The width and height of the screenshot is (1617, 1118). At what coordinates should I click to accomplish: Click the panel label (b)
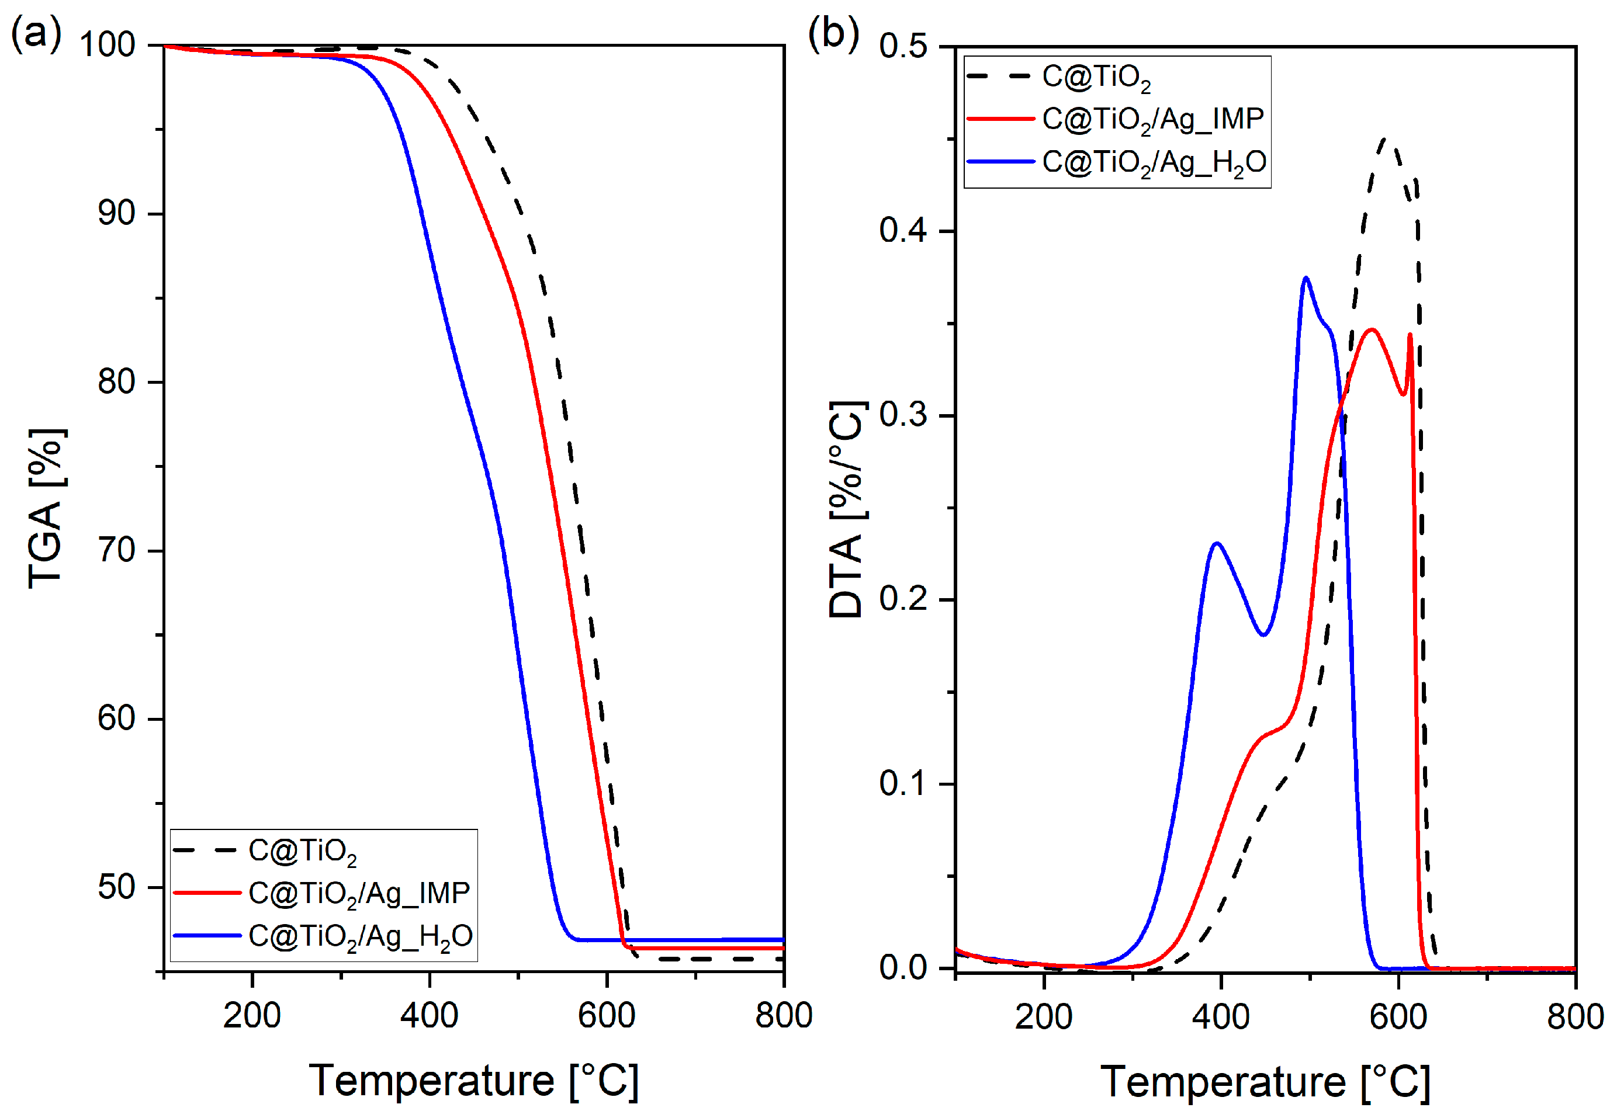click(833, 33)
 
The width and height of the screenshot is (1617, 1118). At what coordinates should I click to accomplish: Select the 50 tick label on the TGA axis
click(116, 887)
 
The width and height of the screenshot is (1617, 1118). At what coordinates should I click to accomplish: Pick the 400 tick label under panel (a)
click(429, 1015)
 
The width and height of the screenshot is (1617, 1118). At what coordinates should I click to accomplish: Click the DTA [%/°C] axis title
click(847, 509)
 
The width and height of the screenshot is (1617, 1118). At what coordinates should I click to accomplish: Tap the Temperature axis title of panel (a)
click(473, 1079)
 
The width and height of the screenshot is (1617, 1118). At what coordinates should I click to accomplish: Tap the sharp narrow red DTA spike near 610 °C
click(1410, 335)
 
